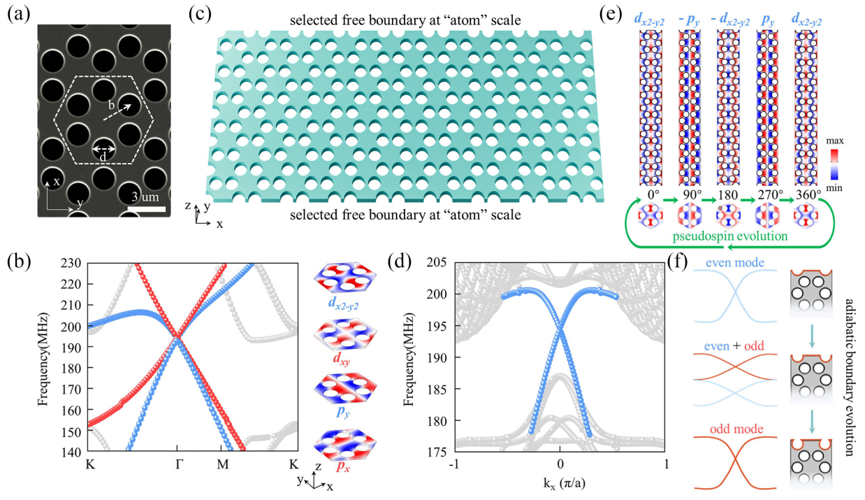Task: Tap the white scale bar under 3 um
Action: point(146,209)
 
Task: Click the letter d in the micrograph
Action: point(103,157)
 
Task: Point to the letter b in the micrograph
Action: point(111,105)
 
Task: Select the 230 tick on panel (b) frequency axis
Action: point(71,264)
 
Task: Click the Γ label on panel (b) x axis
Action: point(178,464)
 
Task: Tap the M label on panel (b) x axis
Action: point(223,464)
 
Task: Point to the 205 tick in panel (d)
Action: point(437,262)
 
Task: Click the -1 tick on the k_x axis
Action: point(453,464)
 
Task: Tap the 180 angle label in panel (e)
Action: point(727,194)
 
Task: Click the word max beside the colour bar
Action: point(835,141)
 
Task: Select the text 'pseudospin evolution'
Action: point(730,236)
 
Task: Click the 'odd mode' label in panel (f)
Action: point(736,429)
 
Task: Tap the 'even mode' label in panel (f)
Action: point(735,263)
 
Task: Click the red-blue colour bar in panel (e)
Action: point(834,164)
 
